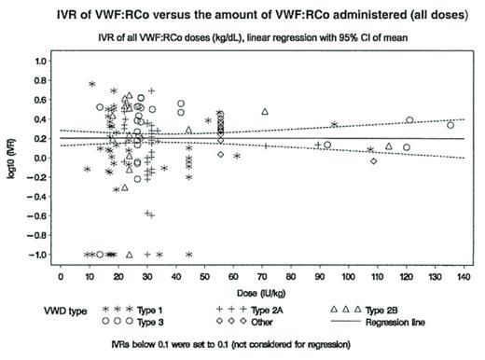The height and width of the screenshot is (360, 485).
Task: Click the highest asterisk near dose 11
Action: pos(92,85)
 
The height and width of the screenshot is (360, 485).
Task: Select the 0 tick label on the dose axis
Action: pos(61,275)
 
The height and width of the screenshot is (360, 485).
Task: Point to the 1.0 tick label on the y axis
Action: pos(41,61)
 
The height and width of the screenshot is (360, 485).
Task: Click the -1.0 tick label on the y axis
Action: pos(39,255)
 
